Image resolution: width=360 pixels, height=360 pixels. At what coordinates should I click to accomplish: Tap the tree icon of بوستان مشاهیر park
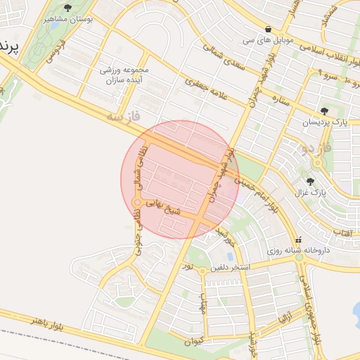(67, 8)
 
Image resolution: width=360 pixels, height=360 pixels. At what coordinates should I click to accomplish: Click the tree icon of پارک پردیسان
(323, 111)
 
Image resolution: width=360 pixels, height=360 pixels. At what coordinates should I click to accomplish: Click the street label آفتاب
(342, 231)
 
